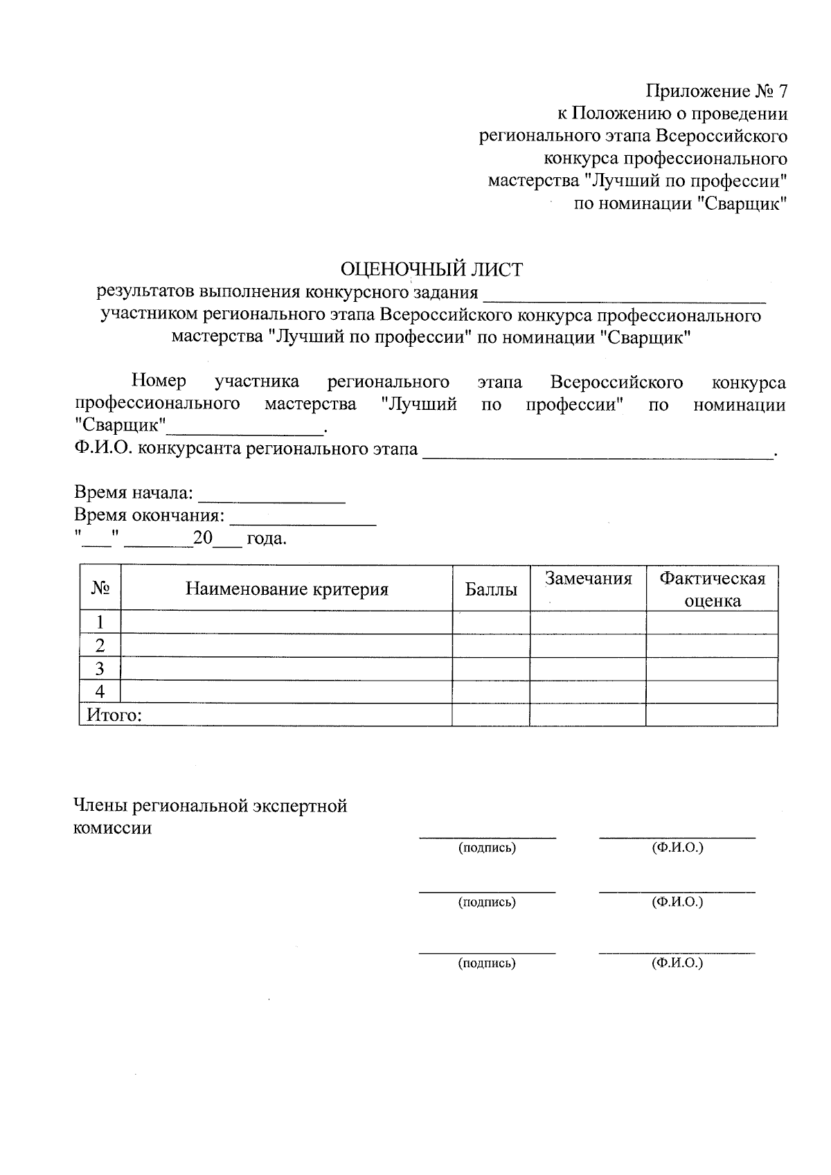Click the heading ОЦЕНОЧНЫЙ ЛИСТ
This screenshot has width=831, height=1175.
(431, 269)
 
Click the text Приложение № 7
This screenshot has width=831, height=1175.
(717, 91)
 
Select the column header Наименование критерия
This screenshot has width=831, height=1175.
(287, 589)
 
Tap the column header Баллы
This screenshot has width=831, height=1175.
(491, 589)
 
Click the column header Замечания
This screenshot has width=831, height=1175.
(588, 579)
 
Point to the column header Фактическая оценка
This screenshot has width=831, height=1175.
(712, 589)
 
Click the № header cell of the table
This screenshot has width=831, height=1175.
(100, 589)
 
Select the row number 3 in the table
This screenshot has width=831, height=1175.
(100, 669)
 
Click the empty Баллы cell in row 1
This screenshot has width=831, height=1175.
(491, 622)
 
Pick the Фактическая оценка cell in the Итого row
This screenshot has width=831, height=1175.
(711, 715)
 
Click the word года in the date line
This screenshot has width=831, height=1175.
(267, 539)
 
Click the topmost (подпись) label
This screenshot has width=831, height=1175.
(487, 847)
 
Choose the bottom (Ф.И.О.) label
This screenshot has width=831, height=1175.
(677, 962)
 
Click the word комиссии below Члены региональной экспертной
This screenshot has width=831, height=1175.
(112, 828)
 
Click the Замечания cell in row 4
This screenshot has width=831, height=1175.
(588, 692)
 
